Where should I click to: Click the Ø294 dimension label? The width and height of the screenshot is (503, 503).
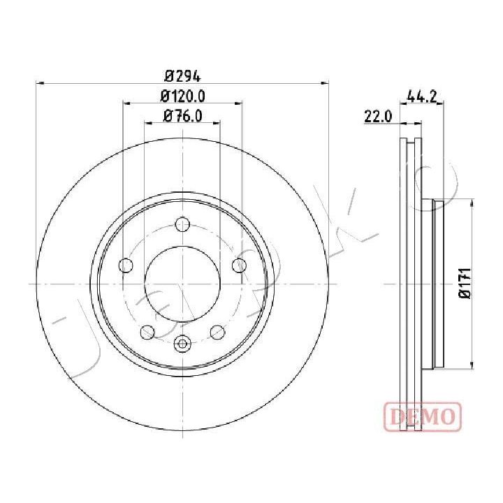click(182, 77)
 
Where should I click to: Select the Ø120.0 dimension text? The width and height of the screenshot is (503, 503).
click(182, 96)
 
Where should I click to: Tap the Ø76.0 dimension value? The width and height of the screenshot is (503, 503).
click(183, 116)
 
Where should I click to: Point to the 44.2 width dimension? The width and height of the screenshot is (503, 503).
click(421, 96)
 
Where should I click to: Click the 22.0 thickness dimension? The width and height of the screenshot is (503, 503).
click(378, 116)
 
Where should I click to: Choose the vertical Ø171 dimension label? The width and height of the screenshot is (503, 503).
click(465, 283)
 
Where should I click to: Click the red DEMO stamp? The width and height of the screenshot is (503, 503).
click(423, 416)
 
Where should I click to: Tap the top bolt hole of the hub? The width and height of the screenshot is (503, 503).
click(182, 224)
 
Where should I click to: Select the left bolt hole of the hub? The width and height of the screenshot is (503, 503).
click(126, 265)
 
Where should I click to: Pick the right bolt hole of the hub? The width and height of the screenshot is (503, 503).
click(240, 265)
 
